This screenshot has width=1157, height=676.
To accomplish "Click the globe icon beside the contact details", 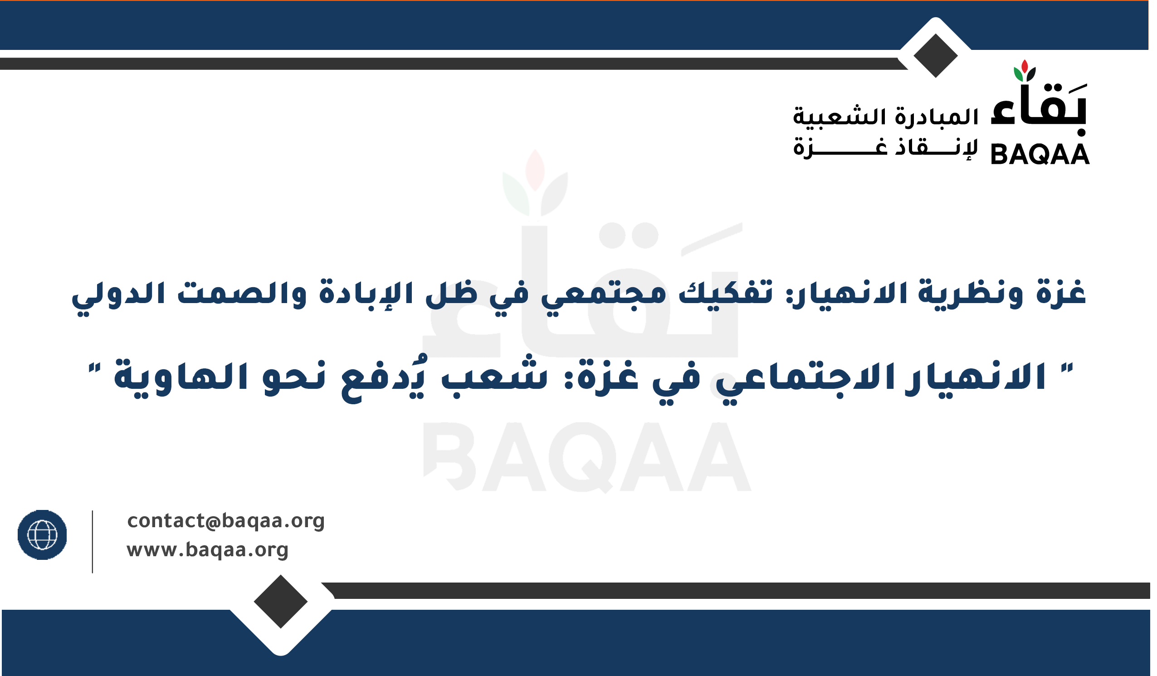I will tap(42, 535).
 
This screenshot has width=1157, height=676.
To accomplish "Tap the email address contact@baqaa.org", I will tap(226, 521).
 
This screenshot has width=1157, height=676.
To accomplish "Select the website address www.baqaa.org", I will tap(208, 550).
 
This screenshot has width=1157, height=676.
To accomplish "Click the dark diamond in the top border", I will tap(935, 55).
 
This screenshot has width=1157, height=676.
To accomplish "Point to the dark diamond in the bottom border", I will tap(281, 601).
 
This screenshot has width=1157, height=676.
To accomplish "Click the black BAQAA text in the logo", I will tap(1040, 154).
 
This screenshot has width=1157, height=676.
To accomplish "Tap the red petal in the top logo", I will tap(1024, 66).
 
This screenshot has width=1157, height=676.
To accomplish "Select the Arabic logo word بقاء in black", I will tap(1039, 110).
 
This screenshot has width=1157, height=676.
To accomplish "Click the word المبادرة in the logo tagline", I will tap(937, 117).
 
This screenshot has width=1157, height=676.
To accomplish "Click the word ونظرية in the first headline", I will tap(969, 294).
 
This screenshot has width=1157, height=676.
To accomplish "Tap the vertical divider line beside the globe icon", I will tap(92, 542).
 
